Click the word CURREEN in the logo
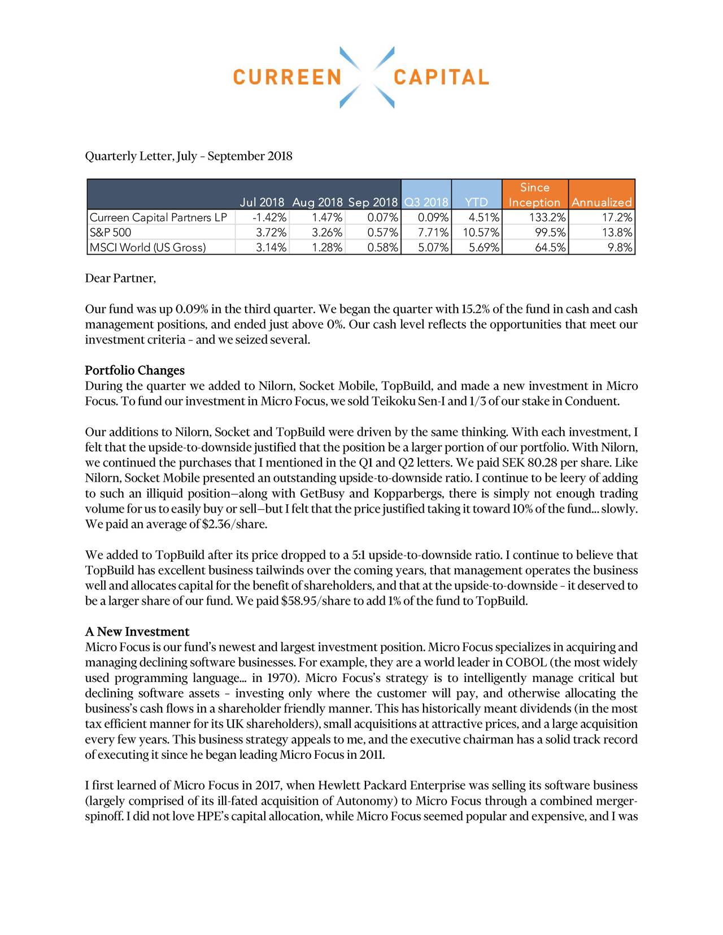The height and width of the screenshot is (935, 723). pyautogui.click(x=287, y=77)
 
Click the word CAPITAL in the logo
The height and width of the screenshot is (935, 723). pyautogui.click(x=441, y=77)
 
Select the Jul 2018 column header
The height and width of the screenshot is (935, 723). pyautogui.click(x=262, y=202)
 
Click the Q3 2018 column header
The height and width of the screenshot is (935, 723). pyautogui.click(x=426, y=202)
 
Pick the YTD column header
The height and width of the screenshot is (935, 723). pyautogui.click(x=476, y=202)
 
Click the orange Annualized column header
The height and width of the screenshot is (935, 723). pyautogui.click(x=602, y=202)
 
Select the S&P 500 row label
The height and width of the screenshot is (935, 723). pyautogui.click(x=111, y=232)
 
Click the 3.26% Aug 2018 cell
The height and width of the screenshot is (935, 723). pyautogui.click(x=327, y=232)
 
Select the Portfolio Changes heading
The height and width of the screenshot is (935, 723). pyautogui.click(x=134, y=370)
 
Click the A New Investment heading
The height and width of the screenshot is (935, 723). pyautogui.click(x=137, y=631)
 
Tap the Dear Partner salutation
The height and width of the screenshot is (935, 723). pyautogui.click(x=120, y=278)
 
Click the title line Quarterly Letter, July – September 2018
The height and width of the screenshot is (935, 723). pyautogui.click(x=189, y=156)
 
